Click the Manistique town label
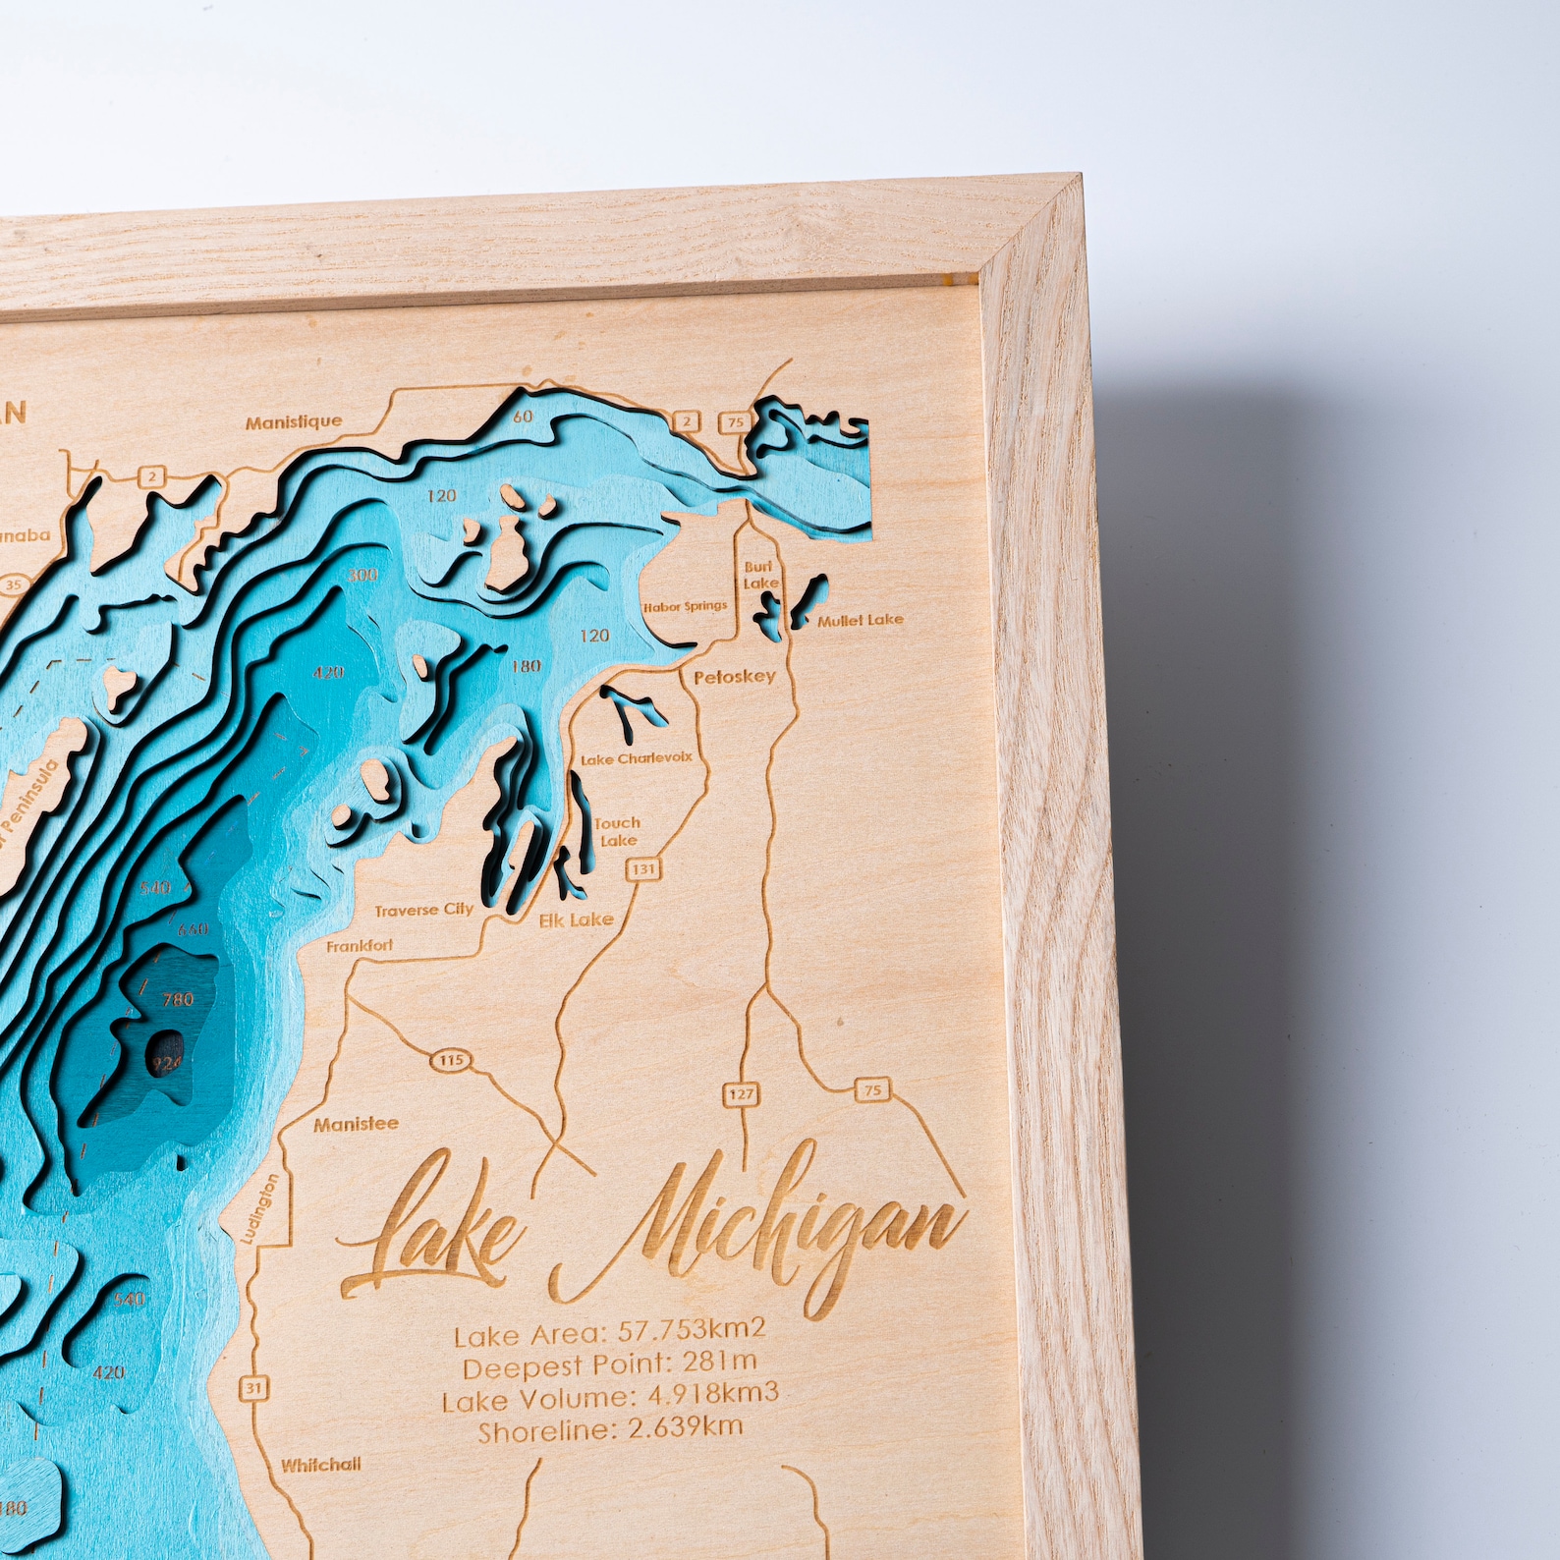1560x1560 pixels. click(294, 422)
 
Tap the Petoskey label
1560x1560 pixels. click(734, 677)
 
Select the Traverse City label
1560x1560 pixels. click(423, 911)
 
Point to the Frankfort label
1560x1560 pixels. click(360, 946)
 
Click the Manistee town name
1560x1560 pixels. click(356, 1124)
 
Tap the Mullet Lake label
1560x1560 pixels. click(860, 620)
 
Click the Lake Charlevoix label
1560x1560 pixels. click(637, 758)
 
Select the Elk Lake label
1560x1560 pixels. click(577, 920)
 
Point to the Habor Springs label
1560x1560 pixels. click(685, 607)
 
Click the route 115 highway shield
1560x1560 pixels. click(451, 1060)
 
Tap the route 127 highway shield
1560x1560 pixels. click(741, 1094)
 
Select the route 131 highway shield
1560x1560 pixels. click(643, 868)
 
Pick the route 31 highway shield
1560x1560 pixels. click(253, 1388)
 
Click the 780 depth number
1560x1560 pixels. click(178, 1000)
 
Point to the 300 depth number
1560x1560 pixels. click(362, 575)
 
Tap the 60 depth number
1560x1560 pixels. click(523, 417)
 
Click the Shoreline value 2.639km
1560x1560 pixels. click(685, 1427)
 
